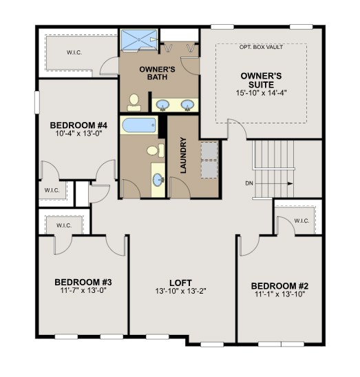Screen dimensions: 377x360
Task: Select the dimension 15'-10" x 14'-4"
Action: pyautogui.click(x=260, y=92)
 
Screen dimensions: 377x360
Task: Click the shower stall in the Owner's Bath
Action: pyautogui.click(x=140, y=40)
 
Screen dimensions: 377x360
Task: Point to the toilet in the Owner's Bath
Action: pyautogui.click(x=135, y=103)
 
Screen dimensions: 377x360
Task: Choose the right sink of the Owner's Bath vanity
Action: pyautogui.click(x=187, y=105)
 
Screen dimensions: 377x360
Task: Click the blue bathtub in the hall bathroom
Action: pyautogui.click(x=140, y=126)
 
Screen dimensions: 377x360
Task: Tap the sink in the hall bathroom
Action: pyautogui.click(x=158, y=180)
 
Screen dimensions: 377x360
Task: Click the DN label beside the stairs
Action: pyautogui.click(x=249, y=183)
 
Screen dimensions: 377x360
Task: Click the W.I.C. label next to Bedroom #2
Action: pyautogui.click(x=301, y=221)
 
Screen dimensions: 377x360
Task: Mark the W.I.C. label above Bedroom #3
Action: pyautogui.click(x=63, y=223)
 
